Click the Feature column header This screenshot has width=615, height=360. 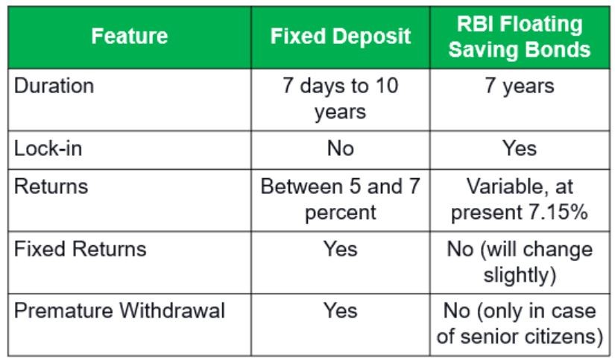[130, 36]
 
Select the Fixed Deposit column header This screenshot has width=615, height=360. [341, 37]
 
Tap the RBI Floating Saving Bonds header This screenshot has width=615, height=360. [520, 37]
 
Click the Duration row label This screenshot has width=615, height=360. [54, 86]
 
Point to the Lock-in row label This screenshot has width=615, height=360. [48, 148]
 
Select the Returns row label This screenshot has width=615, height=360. [51, 186]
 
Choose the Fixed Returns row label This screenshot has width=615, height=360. [80, 249]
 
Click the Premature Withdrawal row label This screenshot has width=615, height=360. [119, 311]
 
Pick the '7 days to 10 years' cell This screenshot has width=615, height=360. [341, 98]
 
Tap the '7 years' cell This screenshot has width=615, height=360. [520, 86]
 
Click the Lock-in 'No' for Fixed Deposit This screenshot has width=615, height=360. [341, 148]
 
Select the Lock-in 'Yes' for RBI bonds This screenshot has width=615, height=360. [520, 148]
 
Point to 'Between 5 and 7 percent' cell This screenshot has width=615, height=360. [341, 199]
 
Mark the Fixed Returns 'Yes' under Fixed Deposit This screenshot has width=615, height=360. [341, 249]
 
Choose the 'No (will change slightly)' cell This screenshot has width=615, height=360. [520, 262]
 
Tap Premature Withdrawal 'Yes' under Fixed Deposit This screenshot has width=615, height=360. [341, 311]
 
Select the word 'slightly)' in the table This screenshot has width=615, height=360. [520, 275]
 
